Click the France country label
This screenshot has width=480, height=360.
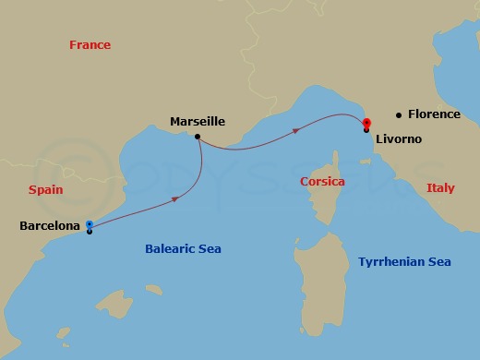[x=90, y=45]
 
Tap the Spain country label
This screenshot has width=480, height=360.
[x=45, y=189]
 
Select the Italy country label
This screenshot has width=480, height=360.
[x=440, y=188]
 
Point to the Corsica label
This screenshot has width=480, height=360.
[x=323, y=182]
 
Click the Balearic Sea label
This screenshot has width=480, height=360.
[x=184, y=248]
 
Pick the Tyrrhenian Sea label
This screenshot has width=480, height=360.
[x=404, y=262]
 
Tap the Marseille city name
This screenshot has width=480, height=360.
[x=198, y=121]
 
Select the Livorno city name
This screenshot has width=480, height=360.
[x=398, y=138]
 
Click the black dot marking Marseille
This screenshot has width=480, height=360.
[x=198, y=137]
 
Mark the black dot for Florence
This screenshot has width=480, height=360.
[x=398, y=115]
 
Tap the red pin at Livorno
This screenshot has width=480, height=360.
[x=366, y=123]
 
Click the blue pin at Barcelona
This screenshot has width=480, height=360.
[x=89, y=224]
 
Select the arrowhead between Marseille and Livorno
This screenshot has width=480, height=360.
[x=296, y=131]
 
